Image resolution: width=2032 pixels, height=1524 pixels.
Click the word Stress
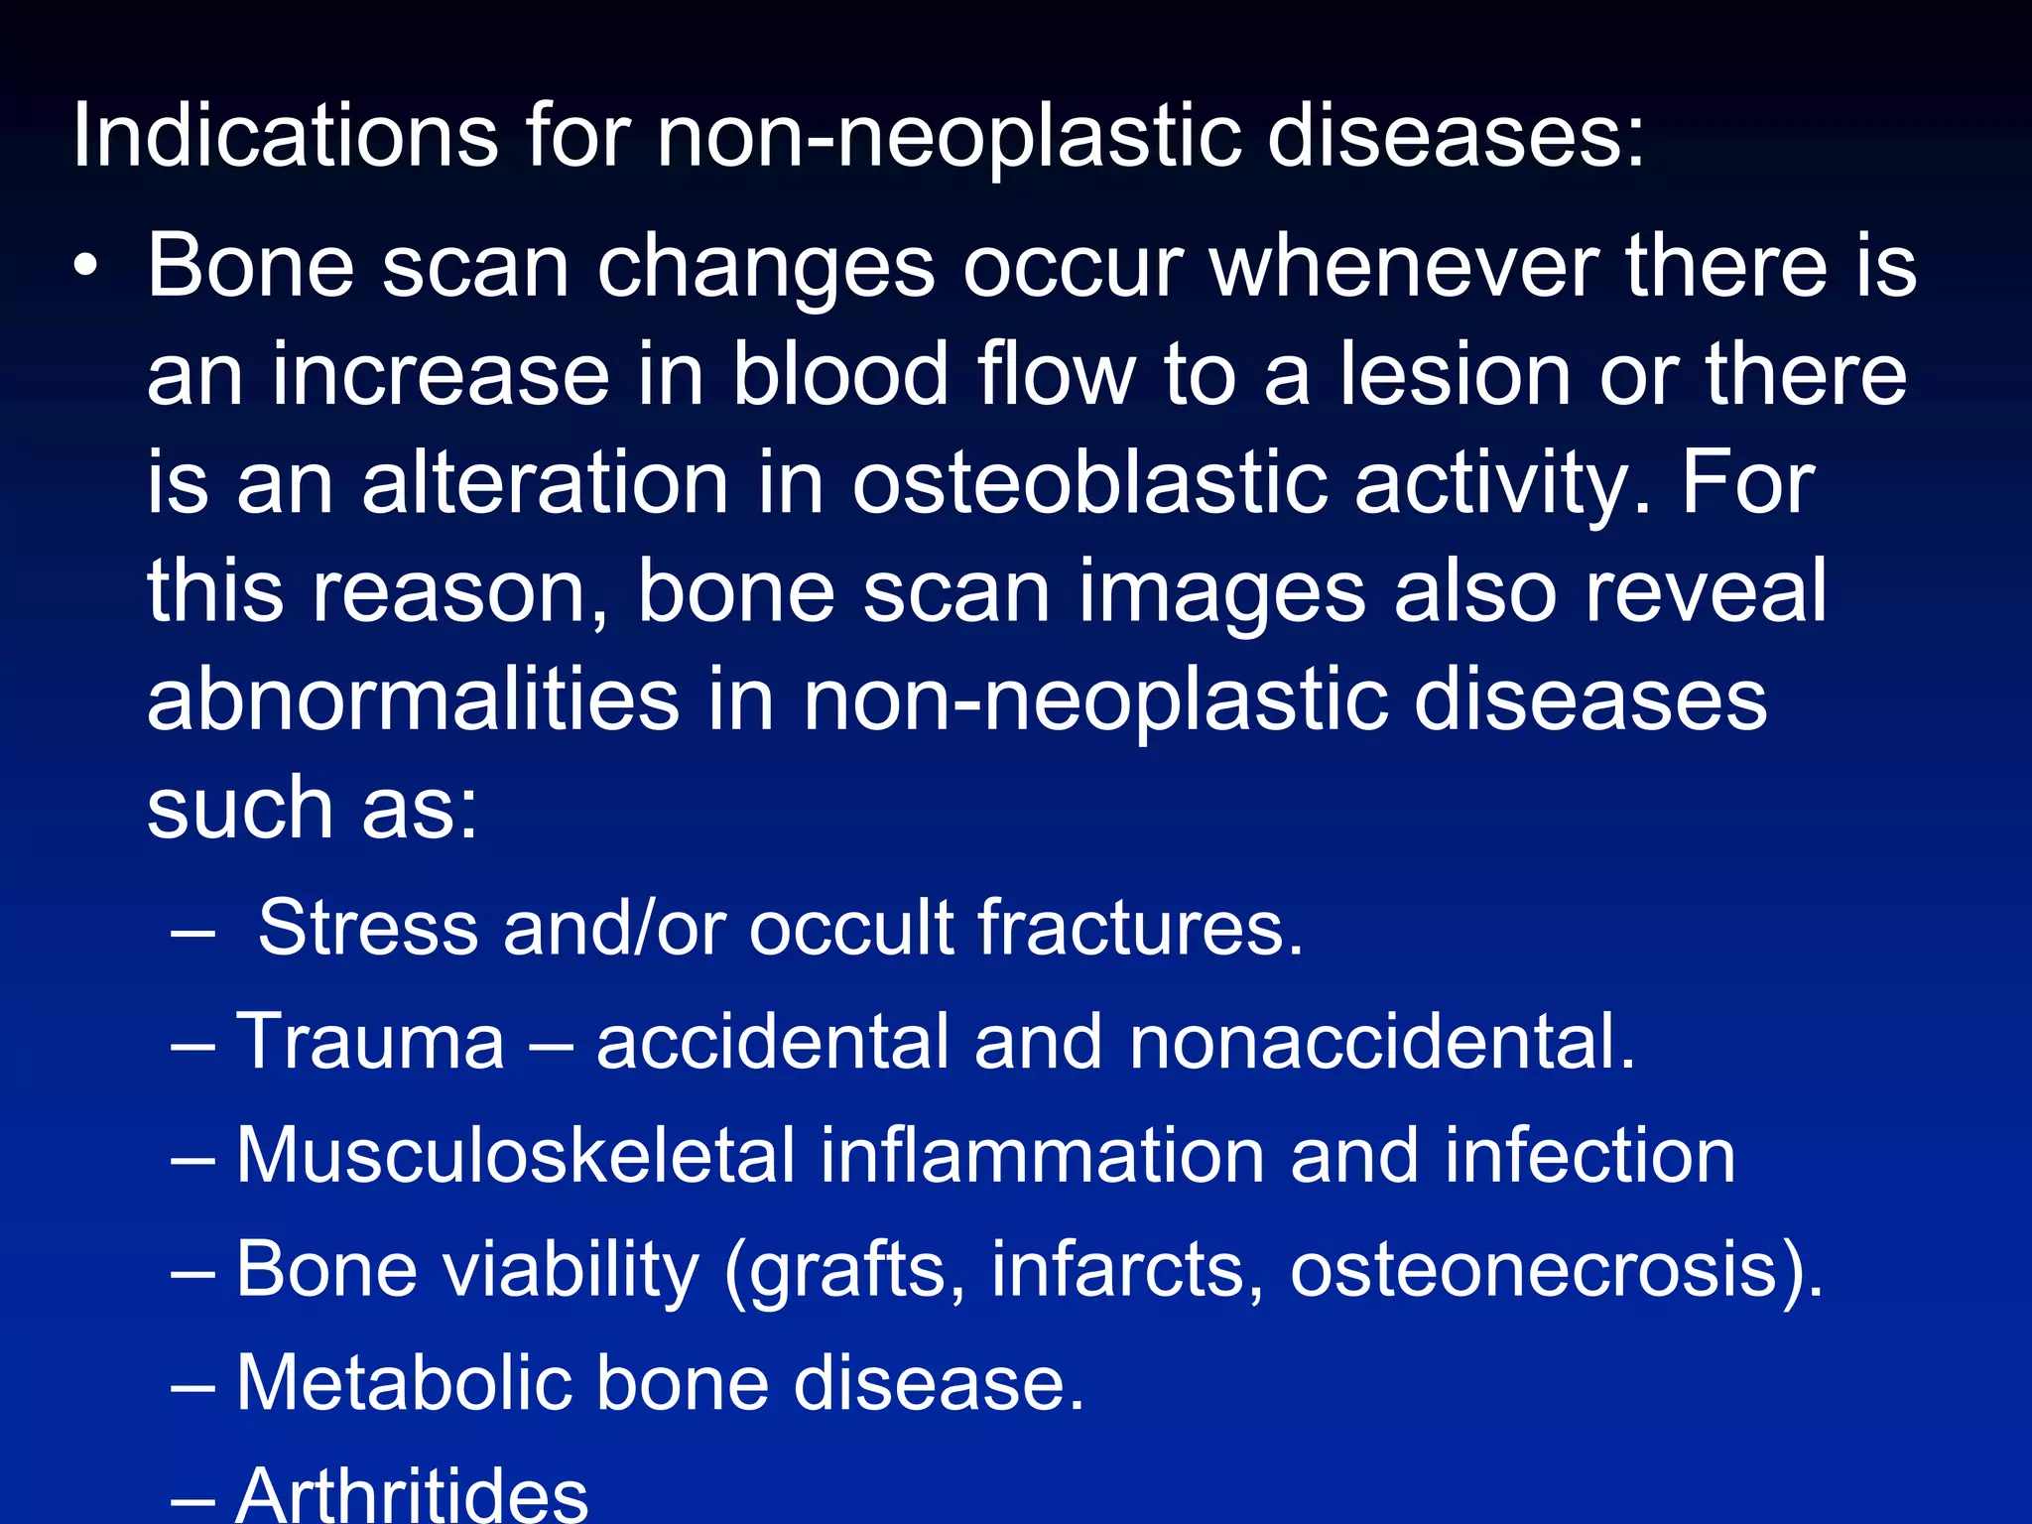click(368, 928)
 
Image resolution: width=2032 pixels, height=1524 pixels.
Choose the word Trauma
click(370, 1042)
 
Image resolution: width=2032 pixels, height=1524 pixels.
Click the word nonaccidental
click(1382, 1042)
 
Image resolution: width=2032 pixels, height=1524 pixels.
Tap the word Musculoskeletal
click(516, 1156)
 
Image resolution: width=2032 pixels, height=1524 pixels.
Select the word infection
click(1589, 1156)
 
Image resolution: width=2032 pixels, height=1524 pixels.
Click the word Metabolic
click(403, 1383)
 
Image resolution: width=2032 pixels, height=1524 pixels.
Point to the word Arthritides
click(412, 1494)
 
